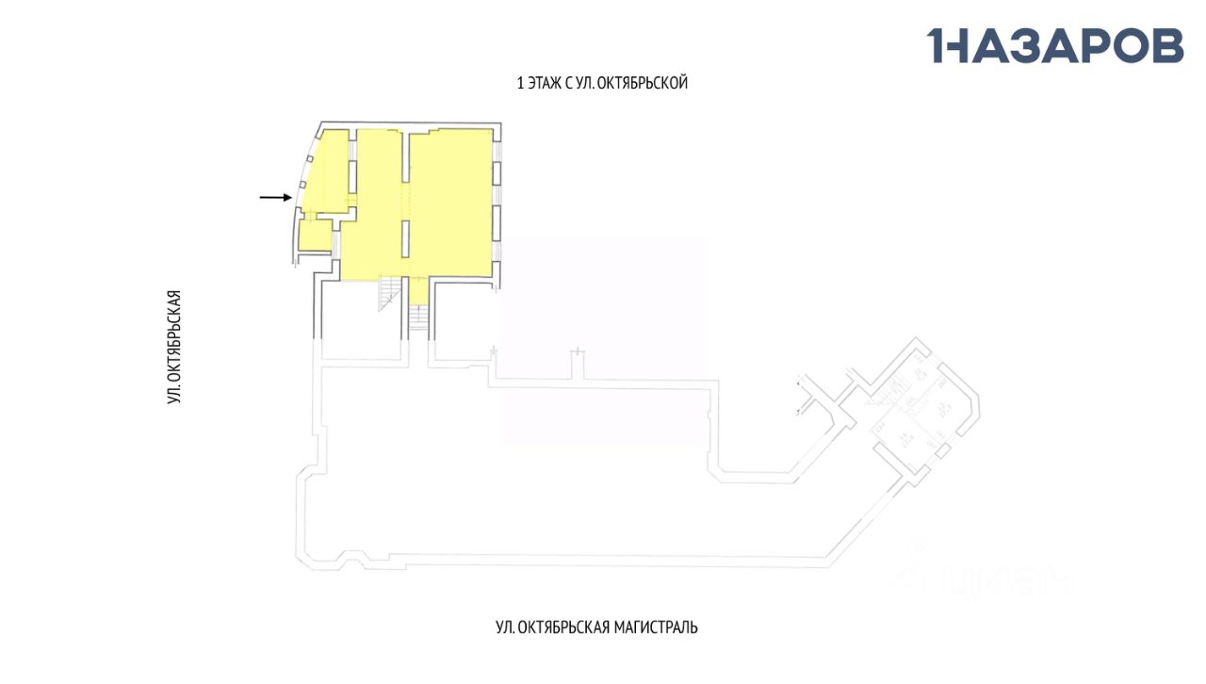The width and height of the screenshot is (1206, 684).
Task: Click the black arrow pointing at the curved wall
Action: coord(275,197)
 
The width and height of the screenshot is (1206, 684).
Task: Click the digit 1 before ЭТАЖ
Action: coord(520,83)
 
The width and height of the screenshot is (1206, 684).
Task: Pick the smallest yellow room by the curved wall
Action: coord(315,236)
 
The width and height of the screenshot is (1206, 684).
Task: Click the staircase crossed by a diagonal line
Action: coord(388,293)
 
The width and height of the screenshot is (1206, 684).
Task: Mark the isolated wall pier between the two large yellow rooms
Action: coord(407,237)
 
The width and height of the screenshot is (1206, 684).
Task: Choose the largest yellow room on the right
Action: coord(452,203)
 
